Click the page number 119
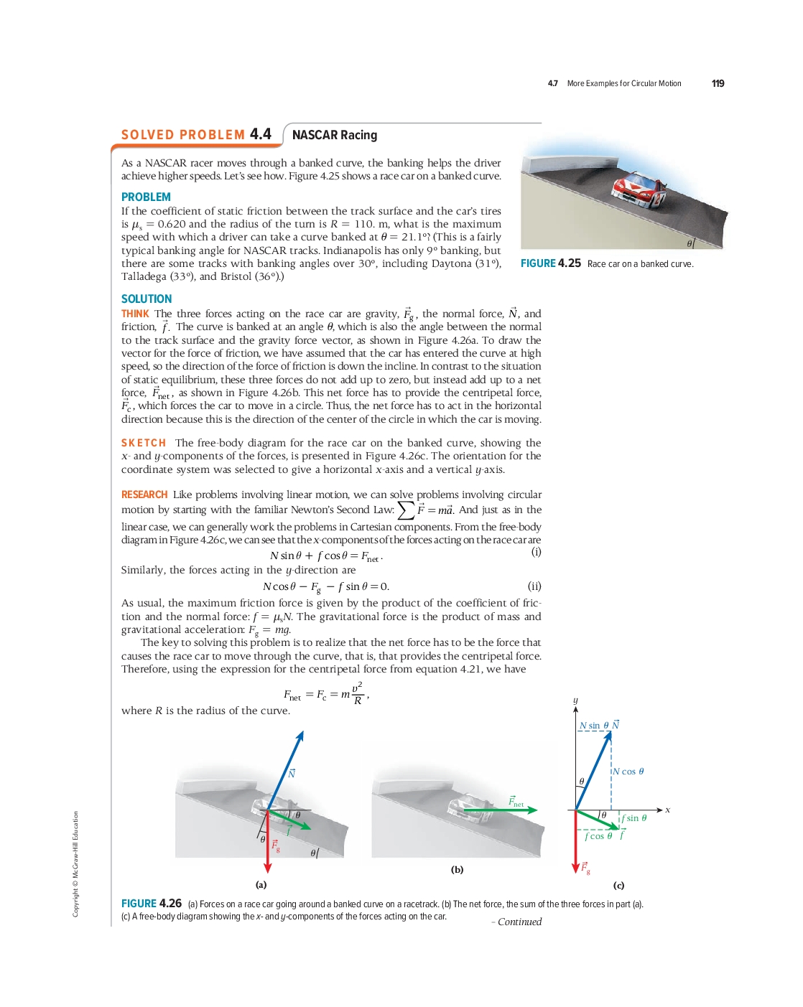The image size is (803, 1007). click(718, 83)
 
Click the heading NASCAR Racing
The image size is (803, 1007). click(334, 135)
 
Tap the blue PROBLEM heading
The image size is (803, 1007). click(146, 197)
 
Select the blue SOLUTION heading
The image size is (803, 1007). click(147, 299)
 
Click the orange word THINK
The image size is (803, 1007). click(135, 314)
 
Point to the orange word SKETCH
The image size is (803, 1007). click(143, 443)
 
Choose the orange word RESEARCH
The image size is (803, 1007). click(144, 495)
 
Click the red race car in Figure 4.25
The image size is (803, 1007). click(639, 189)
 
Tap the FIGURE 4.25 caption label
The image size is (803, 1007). click(550, 263)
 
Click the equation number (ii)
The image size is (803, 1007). click(534, 586)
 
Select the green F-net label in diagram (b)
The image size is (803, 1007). click(516, 801)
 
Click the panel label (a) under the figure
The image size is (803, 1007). click(261, 884)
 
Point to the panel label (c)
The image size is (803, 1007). click(618, 885)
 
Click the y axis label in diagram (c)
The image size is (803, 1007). click(575, 700)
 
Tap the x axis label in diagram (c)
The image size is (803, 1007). click(667, 810)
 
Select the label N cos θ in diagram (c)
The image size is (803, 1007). click(628, 772)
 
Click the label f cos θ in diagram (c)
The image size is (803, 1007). click(598, 836)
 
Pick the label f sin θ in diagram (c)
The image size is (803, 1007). click(634, 818)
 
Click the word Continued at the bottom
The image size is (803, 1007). click(519, 922)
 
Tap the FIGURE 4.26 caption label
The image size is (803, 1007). click(152, 903)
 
